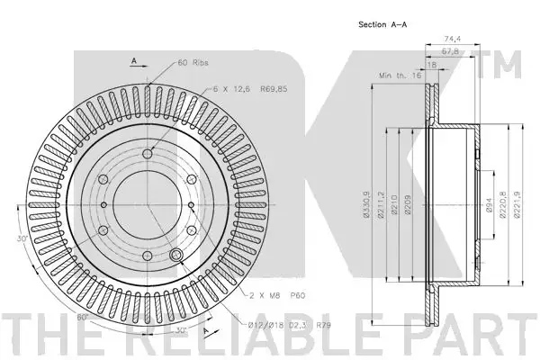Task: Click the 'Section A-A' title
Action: [382, 24]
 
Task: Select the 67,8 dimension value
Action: [450, 51]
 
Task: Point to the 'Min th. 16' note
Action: [400, 75]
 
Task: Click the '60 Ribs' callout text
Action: [193, 62]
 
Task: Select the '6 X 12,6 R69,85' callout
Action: [250, 89]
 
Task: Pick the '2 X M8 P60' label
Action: [277, 295]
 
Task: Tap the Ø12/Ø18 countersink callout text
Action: [290, 325]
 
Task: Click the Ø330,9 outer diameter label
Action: [367, 204]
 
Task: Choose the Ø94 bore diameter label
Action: [489, 204]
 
